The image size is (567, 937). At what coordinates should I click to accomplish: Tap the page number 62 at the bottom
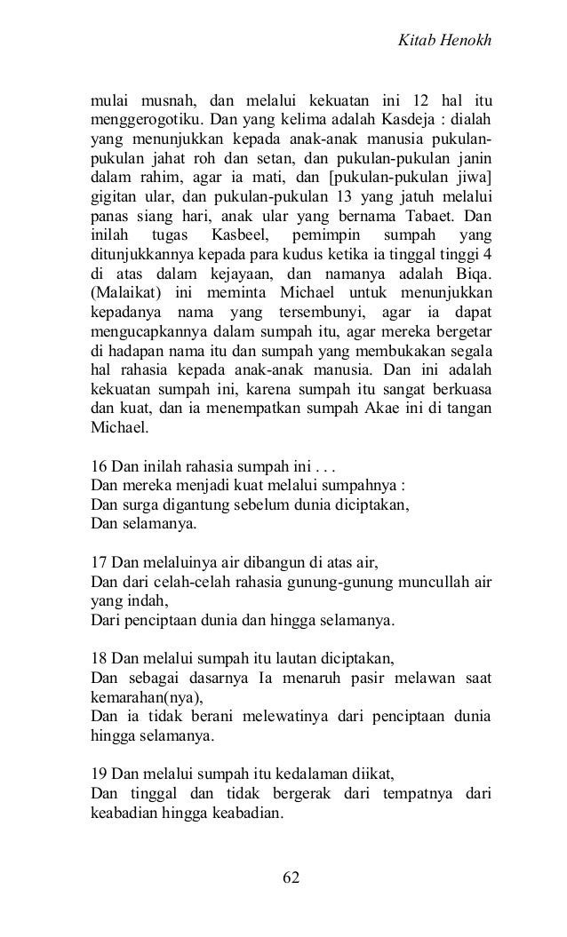[291, 877]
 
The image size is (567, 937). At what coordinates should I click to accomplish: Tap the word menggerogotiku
[147, 118]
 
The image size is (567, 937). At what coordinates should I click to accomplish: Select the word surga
[137, 505]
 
